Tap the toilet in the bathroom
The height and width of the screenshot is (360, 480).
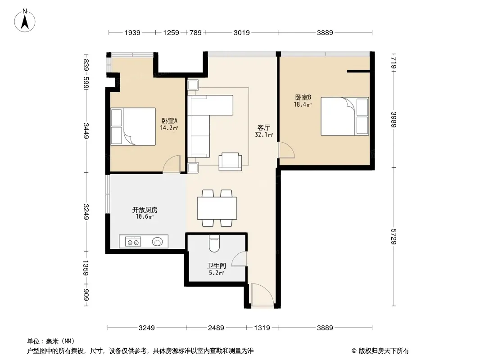(214, 243)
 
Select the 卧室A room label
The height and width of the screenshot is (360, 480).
(169, 121)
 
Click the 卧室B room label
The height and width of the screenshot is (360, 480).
(303, 98)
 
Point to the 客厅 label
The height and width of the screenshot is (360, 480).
(263, 127)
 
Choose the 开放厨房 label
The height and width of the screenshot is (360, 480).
(145, 210)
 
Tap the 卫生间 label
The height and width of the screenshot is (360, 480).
(217, 265)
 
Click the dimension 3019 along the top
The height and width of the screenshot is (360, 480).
(241, 32)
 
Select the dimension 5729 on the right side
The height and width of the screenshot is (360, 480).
(394, 236)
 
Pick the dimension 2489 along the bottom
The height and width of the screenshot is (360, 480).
(216, 328)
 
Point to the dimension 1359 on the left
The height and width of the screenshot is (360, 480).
(86, 268)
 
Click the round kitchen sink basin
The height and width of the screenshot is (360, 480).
(157, 242)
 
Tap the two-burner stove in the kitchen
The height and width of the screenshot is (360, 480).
(133, 242)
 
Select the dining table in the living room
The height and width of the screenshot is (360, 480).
(217, 208)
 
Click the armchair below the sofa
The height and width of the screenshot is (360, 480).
(230, 162)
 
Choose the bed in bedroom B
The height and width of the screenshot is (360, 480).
(345, 116)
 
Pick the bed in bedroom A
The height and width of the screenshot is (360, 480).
(133, 126)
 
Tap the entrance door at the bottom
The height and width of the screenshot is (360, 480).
(263, 295)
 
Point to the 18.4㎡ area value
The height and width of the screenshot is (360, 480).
(303, 104)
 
